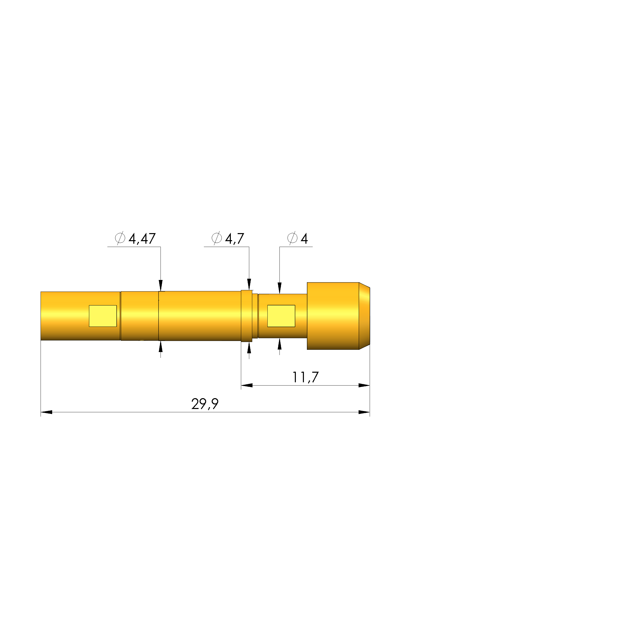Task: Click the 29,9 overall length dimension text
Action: (205, 404)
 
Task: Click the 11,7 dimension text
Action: (305, 377)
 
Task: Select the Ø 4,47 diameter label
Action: (136, 239)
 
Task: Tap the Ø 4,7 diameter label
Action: (228, 239)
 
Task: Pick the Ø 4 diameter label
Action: (297, 239)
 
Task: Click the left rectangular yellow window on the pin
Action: (103, 316)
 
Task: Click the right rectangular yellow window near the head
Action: (281, 316)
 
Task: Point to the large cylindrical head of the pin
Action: (333, 316)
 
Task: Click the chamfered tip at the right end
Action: (364, 316)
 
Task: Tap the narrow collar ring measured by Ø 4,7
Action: (247, 316)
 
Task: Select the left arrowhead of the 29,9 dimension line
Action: (46, 412)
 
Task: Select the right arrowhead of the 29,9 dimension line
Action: (364, 412)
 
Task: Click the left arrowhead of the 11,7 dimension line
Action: (247, 385)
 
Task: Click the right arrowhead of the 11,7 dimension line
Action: (364, 385)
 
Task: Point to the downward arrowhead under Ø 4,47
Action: (160, 286)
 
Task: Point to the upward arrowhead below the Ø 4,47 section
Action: (160, 347)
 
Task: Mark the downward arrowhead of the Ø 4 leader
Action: (279, 288)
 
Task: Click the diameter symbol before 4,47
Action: (120, 238)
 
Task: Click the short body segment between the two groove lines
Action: (140, 316)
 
